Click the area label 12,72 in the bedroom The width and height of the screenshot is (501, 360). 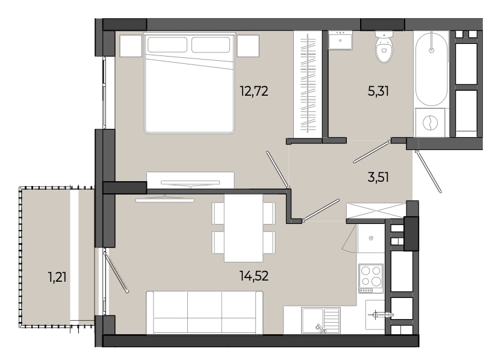click(x=254, y=92)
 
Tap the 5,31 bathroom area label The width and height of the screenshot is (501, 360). click(x=378, y=92)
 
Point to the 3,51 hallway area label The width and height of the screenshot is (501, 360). click(x=378, y=177)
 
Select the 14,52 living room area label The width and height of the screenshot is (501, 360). click(x=254, y=276)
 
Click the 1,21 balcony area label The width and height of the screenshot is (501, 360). click(x=58, y=277)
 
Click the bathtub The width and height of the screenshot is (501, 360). click(x=431, y=69)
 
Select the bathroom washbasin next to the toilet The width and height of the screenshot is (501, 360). click(x=340, y=40)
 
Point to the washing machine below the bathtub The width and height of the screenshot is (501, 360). click(x=430, y=123)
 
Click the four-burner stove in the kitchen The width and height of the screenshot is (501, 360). click(x=371, y=278)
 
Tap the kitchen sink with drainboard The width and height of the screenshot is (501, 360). click(x=320, y=320)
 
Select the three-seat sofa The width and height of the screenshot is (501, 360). click(x=205, y=312)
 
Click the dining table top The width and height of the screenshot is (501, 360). click(x=244, y=228)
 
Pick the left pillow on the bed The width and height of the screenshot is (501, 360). click(x=167, y=45)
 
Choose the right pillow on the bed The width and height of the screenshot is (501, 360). click(x=211, y=45)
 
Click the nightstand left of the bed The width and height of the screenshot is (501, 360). click(x=131, y=46)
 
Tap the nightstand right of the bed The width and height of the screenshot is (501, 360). click(x=248, y=46)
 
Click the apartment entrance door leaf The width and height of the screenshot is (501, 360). click(x=429, y=172)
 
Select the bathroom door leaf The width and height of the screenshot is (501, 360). click(x=372, y=152)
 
